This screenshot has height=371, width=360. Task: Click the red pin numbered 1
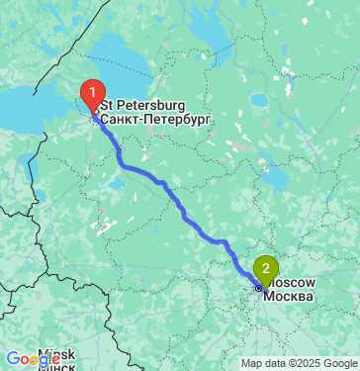tap(92, 95)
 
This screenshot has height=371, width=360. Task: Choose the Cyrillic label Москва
tap(292, 297)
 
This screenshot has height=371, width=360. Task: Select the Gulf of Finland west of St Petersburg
tap(30, 114)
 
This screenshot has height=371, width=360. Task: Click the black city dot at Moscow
tap(259, 288)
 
